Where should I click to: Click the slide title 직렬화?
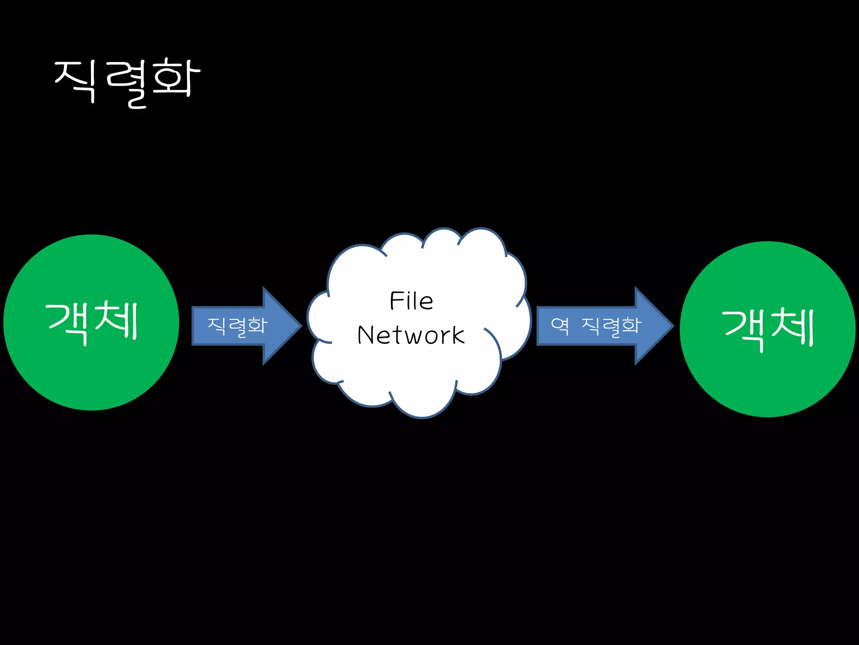pyautogui.click(x=127, y=82)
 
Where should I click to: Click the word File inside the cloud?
pyautogui.click(x=411, y=301)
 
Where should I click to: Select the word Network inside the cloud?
pyautogui.click(x=411, y=335)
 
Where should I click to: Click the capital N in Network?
pyautogui.click(x=366, y=335)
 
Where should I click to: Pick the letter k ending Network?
pyautogui.click(x=458, y=335)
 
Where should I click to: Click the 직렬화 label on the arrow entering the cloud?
pyautogui.click(x=237, y=326)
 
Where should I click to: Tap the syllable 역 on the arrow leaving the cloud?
pyautogui.click(x=560, y=325)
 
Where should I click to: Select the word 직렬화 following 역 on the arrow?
pyautogui.click(x=612, y=326)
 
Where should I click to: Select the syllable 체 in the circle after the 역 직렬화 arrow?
pyautogui.click(x=792, y=328)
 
